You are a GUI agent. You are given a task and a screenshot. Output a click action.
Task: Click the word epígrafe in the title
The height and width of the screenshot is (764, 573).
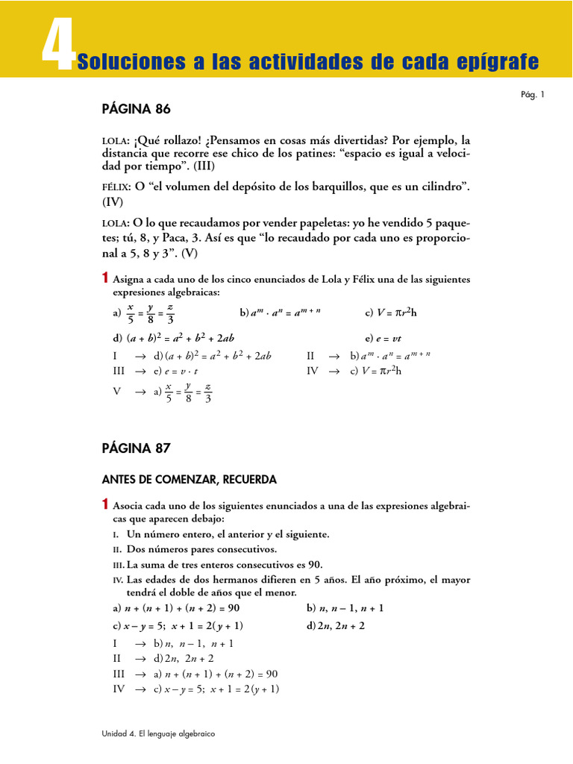502,61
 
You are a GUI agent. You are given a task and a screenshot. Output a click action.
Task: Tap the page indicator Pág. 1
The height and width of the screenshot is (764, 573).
533,94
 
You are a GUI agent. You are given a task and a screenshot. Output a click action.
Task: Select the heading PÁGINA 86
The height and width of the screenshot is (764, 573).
136,109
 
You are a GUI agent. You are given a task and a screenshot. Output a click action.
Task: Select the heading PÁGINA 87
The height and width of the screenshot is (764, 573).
136,448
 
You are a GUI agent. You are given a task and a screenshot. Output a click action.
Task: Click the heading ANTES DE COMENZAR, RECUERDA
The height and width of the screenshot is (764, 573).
190,478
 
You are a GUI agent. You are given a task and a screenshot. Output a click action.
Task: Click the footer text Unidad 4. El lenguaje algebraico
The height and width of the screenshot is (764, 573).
158,734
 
